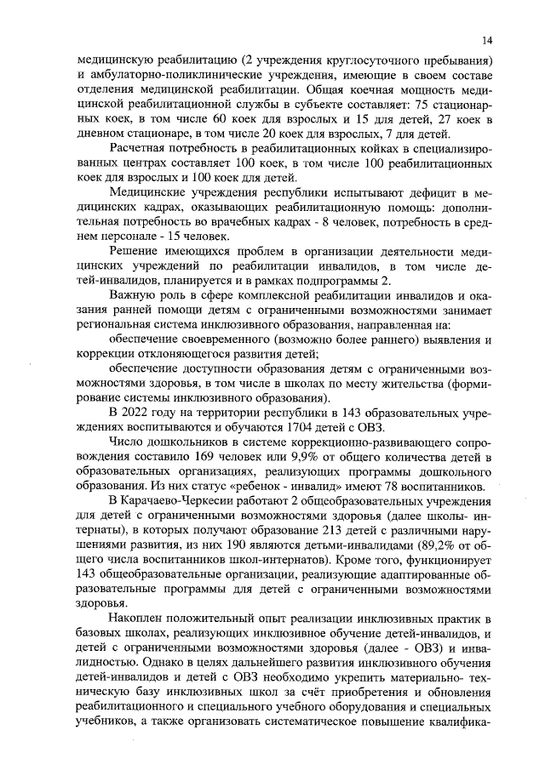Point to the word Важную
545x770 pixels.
click(135, 295)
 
